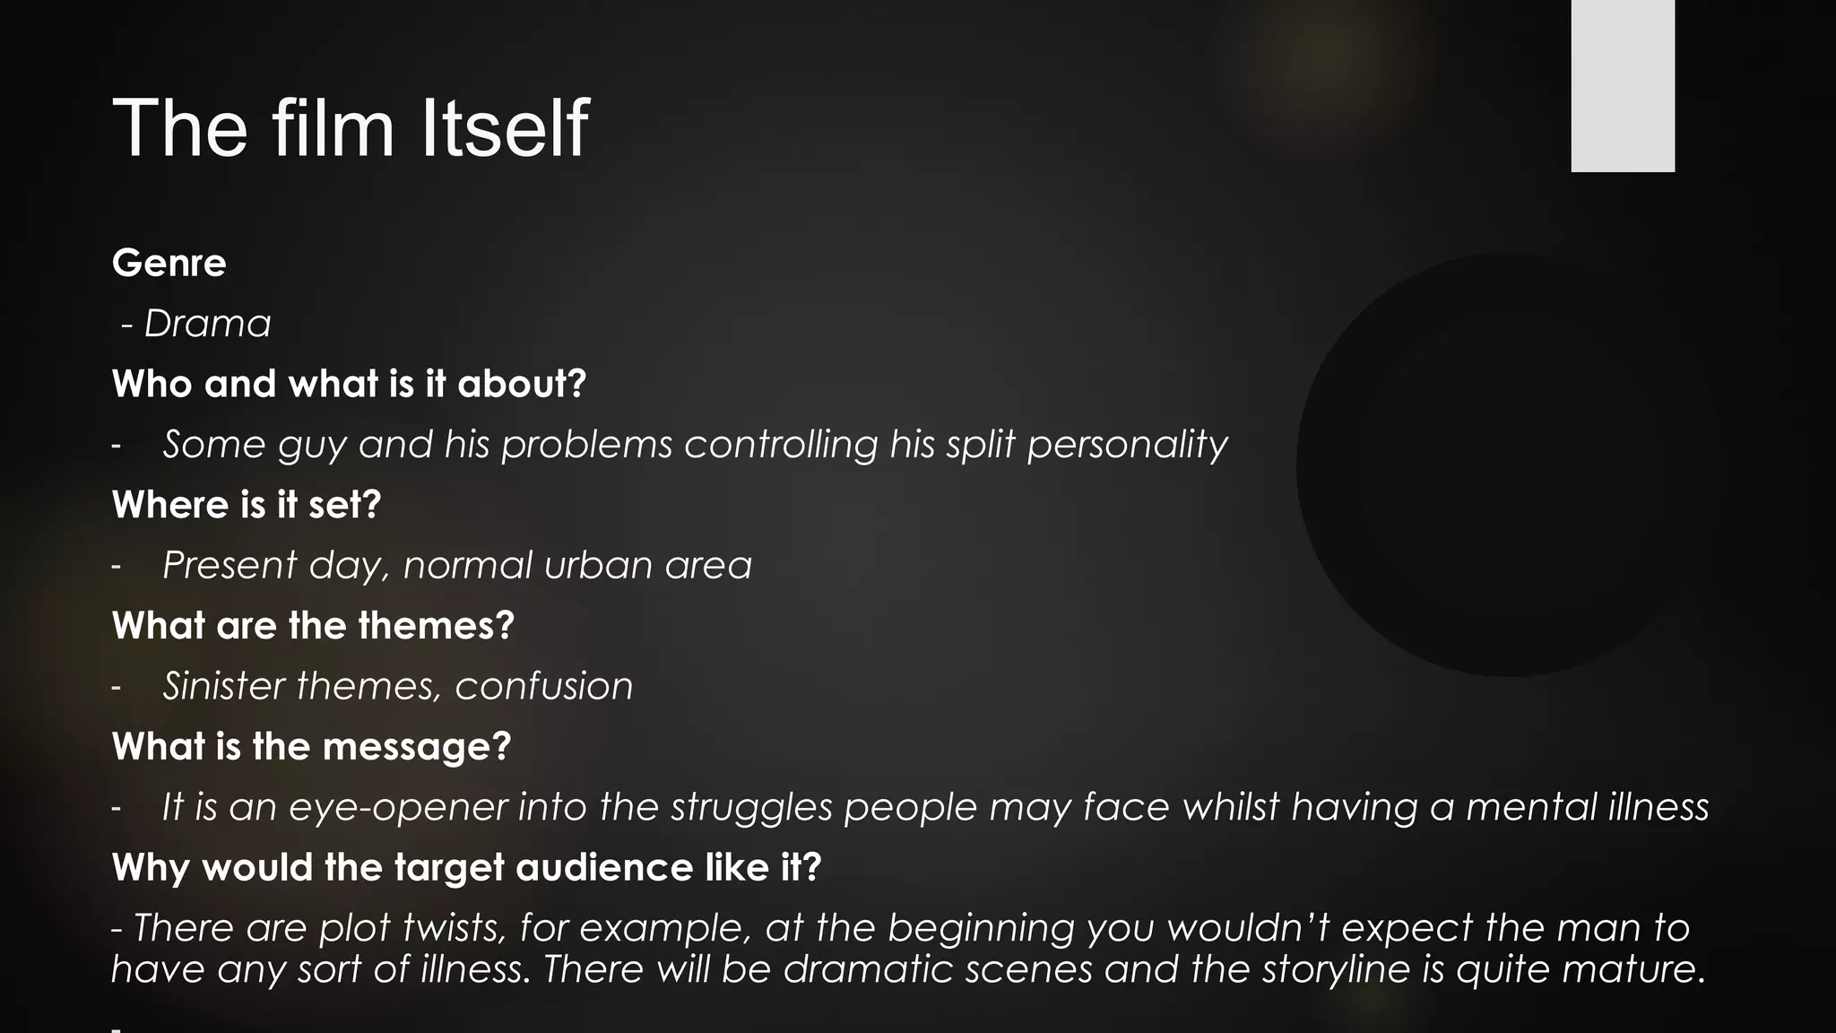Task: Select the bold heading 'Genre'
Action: pos(169,263)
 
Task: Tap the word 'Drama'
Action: pos(207,324)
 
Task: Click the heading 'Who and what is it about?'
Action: pos(349,384)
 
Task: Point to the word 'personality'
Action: pos(1127,445)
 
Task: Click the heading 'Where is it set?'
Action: pos(247,505)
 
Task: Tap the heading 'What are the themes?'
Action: pos(313,625)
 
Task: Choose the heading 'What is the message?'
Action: pos(311,746)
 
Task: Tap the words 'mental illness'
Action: pos(1587,807)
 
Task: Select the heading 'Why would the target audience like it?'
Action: pos(466,867)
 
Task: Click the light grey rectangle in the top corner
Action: pos(1622,85)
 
